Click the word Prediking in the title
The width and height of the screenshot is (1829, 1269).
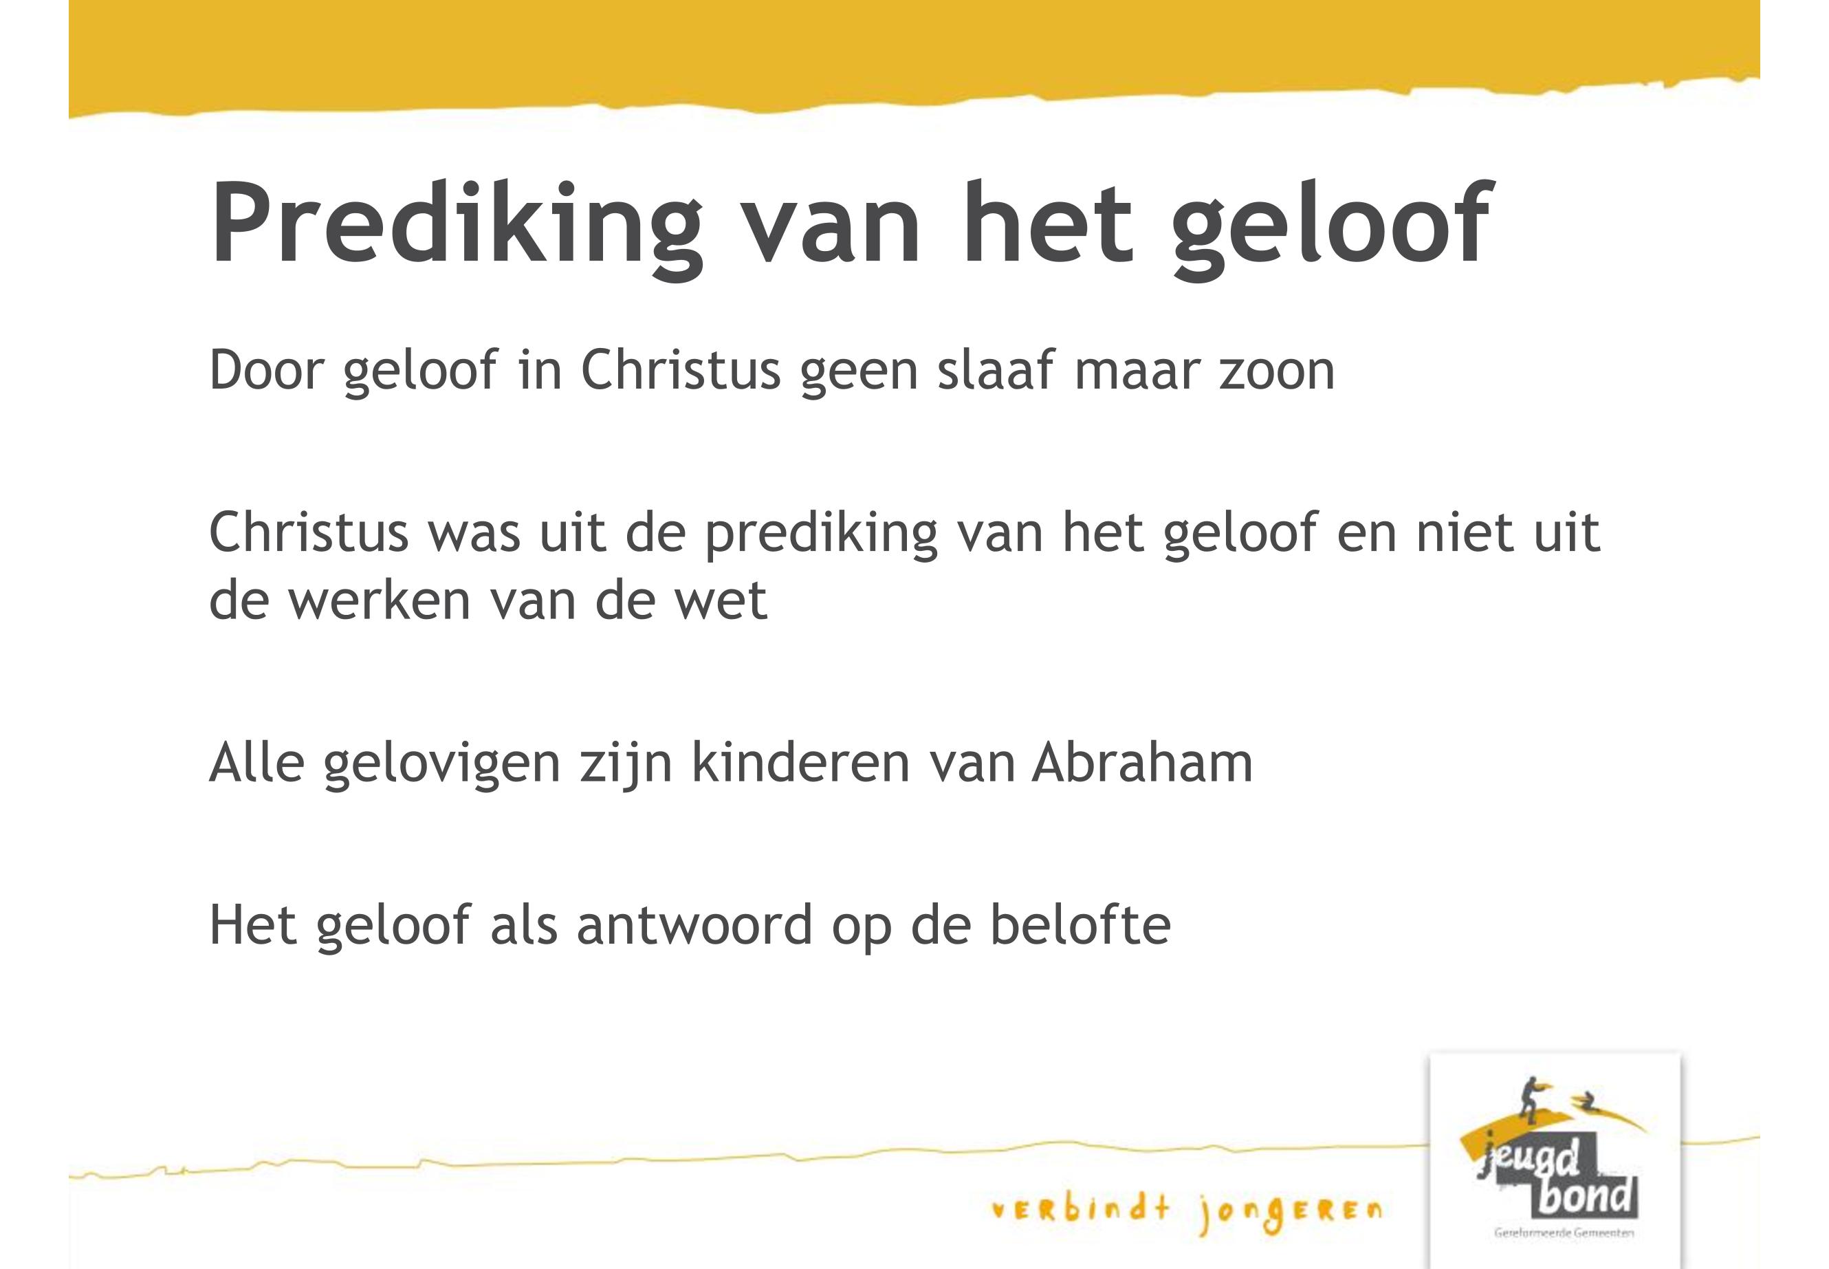457,225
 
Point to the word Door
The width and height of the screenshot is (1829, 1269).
266,371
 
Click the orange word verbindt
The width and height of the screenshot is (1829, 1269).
1082,1209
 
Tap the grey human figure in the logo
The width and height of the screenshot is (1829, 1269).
1529,1101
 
